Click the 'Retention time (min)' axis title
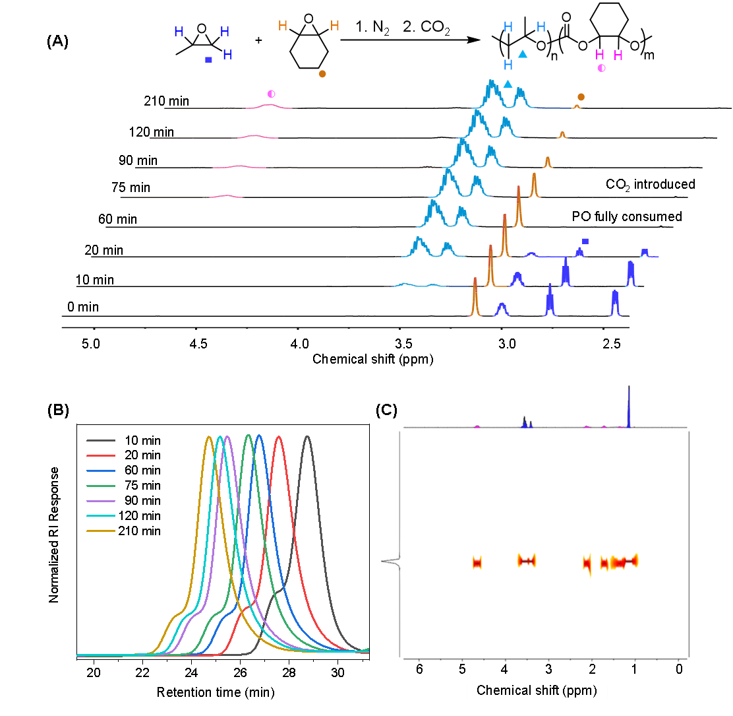point(216,692)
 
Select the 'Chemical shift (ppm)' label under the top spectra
point(372,359)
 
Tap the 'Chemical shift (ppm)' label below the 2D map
point(537,690)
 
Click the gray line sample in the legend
point(101,440)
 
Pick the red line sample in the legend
point(101,455)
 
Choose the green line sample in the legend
point(101,486)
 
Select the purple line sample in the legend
point(101,501)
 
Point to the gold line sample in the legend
point(101,531)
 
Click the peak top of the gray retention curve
point(307,436)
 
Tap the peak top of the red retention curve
point(279,436)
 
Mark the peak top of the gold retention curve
point(209,437)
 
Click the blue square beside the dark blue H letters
point(209,59)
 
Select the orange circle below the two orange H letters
point(322,74)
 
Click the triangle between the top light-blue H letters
point(523,54)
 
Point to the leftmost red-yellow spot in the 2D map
point(477,562)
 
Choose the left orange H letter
point(283,26)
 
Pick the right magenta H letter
point(618,55)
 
